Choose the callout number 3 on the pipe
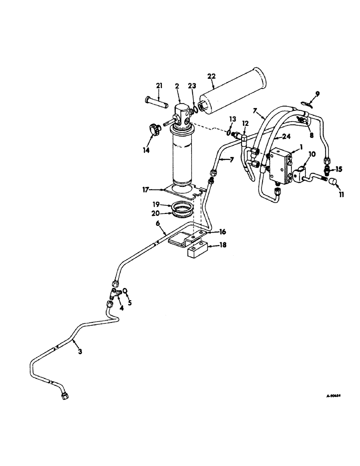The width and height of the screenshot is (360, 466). pyautogui.click(x=80, y=352)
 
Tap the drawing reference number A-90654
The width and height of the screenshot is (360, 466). pyautogui.click(x=333, y=396)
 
